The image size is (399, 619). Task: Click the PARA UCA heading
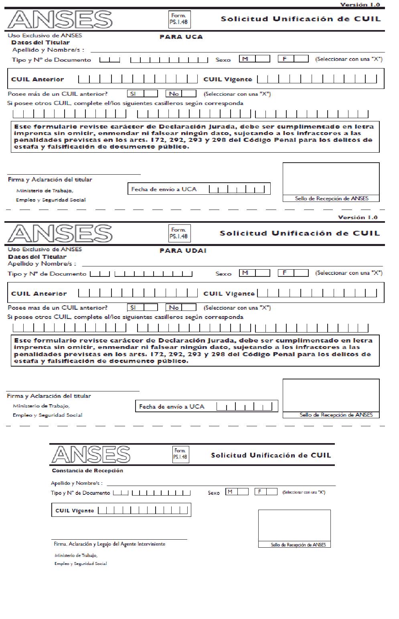(181, 37)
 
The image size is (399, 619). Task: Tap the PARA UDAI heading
(183, 251)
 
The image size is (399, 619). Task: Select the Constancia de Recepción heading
(87, 471)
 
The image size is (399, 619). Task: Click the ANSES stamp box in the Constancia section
(294, 526)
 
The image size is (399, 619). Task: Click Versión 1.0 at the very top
(360, 4)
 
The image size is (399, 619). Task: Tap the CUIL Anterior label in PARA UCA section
(38, 79)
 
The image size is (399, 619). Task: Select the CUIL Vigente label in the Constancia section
(75, 511)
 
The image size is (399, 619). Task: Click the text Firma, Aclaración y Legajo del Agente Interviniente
(109, 544)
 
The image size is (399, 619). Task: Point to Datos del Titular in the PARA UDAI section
(37, 257)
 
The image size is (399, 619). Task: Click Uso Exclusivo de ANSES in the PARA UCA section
(45, 35)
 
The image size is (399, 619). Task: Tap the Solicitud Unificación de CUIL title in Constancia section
(271, 455)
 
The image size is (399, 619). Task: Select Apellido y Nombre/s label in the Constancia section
(77, 483)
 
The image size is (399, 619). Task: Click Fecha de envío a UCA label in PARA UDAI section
(172, 407)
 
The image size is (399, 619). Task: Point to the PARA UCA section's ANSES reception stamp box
(331, 179)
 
